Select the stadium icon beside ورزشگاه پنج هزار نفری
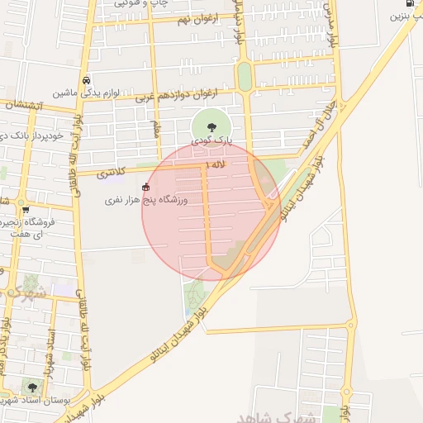coord(146,187)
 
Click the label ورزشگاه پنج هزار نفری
coord(146,200)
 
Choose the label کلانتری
coord(110,173)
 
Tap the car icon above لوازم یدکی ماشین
coord(86,80)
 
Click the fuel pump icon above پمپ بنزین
coord(411,4)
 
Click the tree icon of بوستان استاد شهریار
coord(32,387)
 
